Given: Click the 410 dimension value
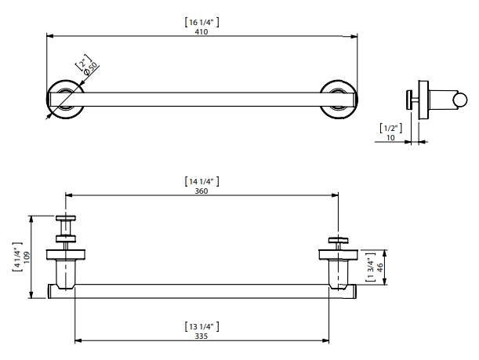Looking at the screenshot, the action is click(x=201, y=31).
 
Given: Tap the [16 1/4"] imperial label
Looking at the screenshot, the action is click(x=201, y=22).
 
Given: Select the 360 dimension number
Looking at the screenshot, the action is click(x=201, y=191).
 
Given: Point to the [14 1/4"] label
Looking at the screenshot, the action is click(x=201, y=181).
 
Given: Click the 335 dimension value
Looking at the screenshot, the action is click(x=201, y=336).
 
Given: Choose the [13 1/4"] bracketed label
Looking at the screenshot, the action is click(x=201, y=327).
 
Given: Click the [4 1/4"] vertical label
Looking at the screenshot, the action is click(x=17, y=257).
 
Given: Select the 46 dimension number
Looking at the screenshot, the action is click(x=379, y=267).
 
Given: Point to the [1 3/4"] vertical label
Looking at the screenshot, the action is click(x=371, y=267).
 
